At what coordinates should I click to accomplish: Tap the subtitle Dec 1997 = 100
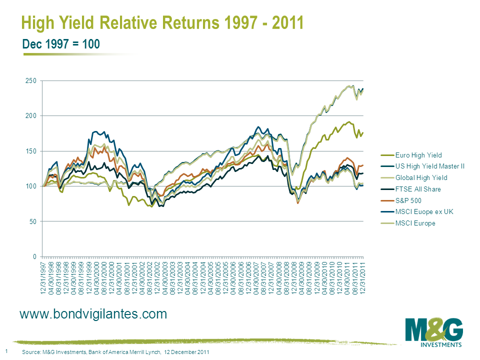(61, 44)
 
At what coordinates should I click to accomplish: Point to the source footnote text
(115, 352)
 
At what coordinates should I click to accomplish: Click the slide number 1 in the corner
(6, 351)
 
